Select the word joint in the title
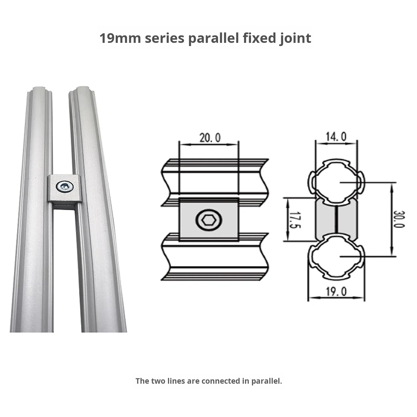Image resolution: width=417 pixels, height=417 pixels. click(295, 39)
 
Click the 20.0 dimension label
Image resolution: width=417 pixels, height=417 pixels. click(210, 138)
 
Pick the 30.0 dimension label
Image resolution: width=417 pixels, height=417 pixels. click(399, 219)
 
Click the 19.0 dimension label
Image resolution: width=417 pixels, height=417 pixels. click(336, 292)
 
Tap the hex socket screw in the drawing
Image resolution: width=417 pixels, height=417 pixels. click(209, 221)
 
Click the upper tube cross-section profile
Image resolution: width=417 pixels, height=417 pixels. click(336, 182)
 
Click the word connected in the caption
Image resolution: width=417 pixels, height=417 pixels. click(221, 381)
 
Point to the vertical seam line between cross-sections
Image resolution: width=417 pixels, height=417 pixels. click(336, 220)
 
